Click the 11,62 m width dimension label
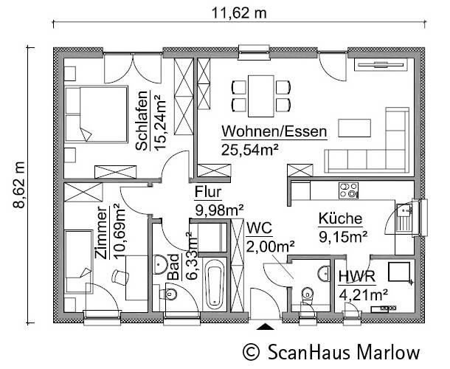click(240, 12)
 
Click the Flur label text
click(207, 193)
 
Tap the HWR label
click(357, 277)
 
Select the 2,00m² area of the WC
click(271, 246)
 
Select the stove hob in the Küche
click(346, 190)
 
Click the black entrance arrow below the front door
click(265, 325)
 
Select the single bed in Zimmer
click(77, 258)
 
